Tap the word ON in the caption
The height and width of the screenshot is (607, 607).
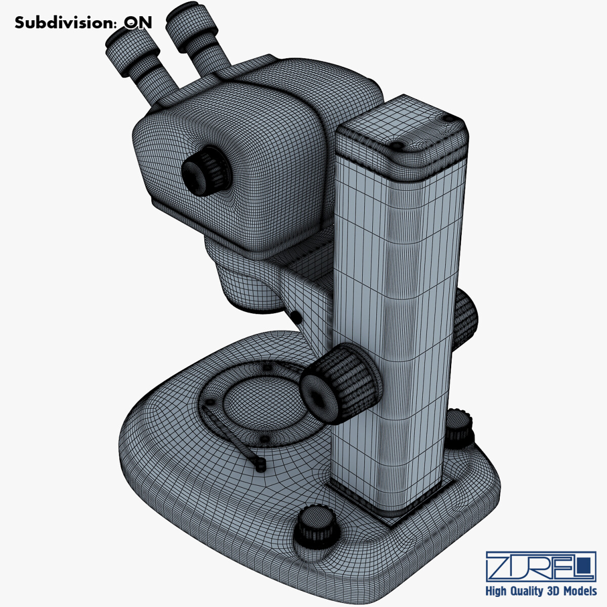click(138, 23)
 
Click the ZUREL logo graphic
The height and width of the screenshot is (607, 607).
click(540, 567)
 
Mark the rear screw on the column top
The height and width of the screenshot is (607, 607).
click(448, 118)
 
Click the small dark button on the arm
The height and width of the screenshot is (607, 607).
click(296, 317)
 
